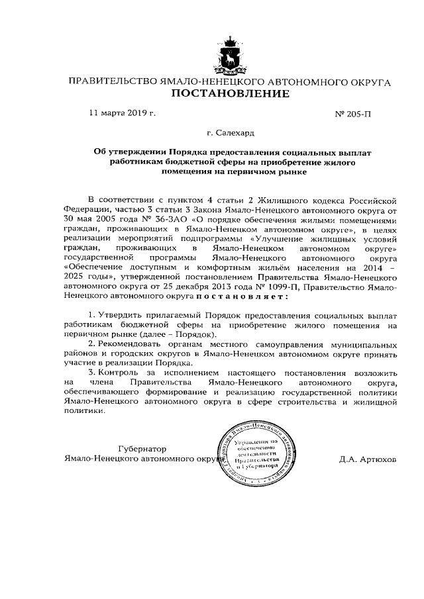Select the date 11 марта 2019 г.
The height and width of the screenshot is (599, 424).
pos(122,113)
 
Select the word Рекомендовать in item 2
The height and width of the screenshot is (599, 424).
pos(131,344)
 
